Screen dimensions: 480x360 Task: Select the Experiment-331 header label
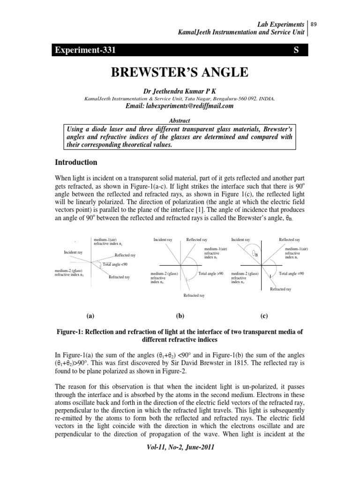[x=84, y=50]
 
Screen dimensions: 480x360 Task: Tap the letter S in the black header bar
[x=296, y=50]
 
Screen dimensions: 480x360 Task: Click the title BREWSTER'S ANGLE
[x=180, y=73]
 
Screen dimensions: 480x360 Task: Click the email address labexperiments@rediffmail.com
[x=180, y=106]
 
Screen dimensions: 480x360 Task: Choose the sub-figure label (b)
[x=180, y=316]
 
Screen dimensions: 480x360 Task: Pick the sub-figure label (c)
[x=264, y=316]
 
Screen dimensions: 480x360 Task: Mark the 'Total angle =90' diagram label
[x=291, y=273]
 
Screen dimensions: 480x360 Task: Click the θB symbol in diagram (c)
[x=255, y=254]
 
